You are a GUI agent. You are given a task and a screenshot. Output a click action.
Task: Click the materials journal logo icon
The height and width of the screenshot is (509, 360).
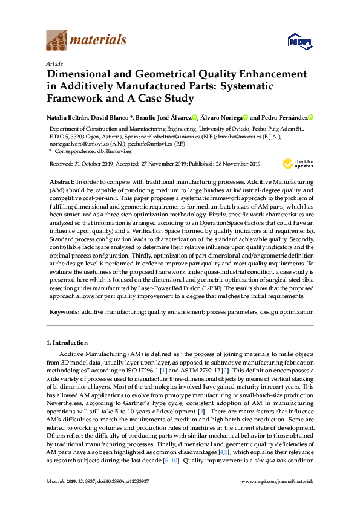coord(57,41)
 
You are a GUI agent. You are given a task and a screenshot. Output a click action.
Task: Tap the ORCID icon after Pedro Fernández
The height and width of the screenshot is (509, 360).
coord(311,117)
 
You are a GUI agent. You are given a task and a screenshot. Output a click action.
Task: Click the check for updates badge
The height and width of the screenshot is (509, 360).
coord(298,163)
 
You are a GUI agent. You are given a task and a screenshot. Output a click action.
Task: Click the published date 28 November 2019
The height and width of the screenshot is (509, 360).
coord(235,164)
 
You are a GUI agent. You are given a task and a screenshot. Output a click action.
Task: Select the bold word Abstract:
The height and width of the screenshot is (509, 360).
coord(61,181)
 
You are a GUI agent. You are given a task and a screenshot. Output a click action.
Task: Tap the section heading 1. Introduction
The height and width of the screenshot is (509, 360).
coord(67,343)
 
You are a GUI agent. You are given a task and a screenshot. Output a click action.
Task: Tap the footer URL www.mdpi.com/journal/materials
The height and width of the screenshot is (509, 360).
coord(277,481)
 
